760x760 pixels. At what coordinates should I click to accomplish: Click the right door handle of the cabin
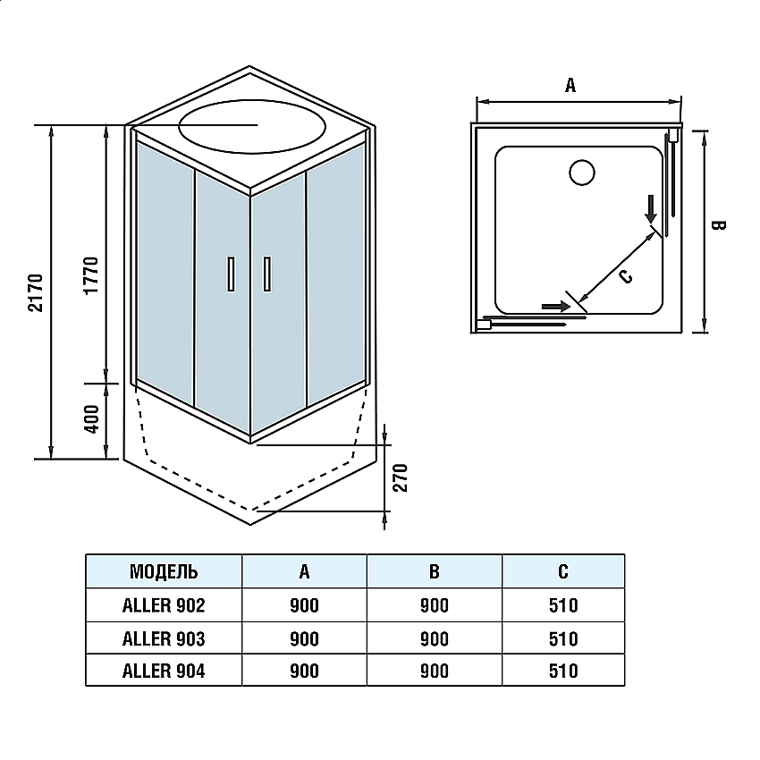[266, 274]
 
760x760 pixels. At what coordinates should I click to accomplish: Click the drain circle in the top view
[582, 172]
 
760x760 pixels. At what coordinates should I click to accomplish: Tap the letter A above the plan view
[570, 86]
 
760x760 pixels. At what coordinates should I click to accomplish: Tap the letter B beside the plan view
[718, 225]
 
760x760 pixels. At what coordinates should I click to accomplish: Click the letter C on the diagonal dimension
[626, 276]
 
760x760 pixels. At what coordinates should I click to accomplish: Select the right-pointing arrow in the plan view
[556, 307]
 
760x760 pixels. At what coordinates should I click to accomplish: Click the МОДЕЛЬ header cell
[164, 571]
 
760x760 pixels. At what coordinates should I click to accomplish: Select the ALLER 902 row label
[164, 605]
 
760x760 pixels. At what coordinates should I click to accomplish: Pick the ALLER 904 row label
[164, 671]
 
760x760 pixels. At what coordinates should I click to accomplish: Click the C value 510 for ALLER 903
[563, 638]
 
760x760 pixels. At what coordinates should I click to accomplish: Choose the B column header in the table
[435, 571]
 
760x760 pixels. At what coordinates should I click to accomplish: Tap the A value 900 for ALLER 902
[304, 605]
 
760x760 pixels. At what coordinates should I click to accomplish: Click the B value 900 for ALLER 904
[435, 671]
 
